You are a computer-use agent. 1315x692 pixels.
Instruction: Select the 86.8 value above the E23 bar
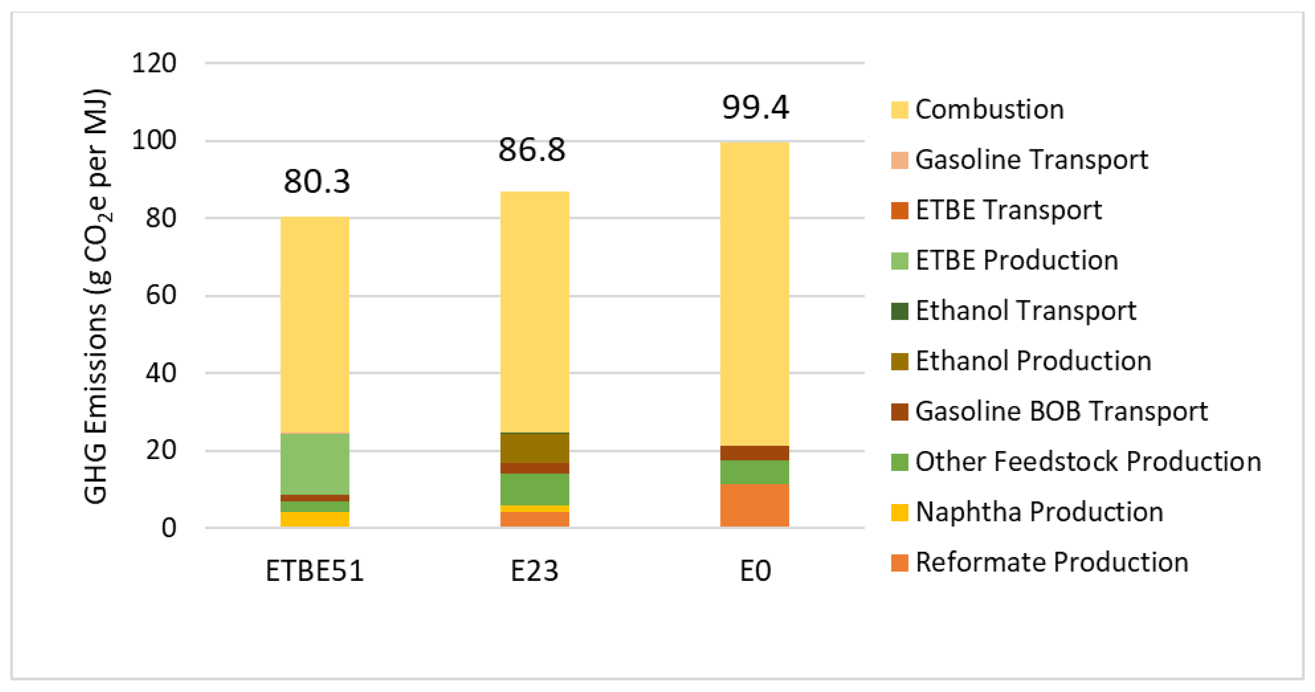(532, 150)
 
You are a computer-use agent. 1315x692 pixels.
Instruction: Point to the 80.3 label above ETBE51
(317, 182)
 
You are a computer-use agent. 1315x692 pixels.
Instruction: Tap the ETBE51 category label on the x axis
(315, 571)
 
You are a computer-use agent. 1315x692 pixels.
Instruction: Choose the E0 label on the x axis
(755, 571)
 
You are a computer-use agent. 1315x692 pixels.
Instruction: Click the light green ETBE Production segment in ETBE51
(315, 463)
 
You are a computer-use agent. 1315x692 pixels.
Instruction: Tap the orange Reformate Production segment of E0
(754, 505)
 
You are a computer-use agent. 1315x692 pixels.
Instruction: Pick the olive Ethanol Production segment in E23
(534, 447)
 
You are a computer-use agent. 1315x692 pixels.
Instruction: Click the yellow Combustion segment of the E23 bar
(534, 311)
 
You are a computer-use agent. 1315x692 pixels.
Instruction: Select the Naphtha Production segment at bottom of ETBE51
(315, 519)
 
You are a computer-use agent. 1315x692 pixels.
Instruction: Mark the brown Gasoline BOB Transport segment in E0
(754, 453)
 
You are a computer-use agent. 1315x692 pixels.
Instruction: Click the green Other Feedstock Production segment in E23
(534, 489)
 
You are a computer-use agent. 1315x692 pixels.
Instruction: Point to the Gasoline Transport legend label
(1031, 160)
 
